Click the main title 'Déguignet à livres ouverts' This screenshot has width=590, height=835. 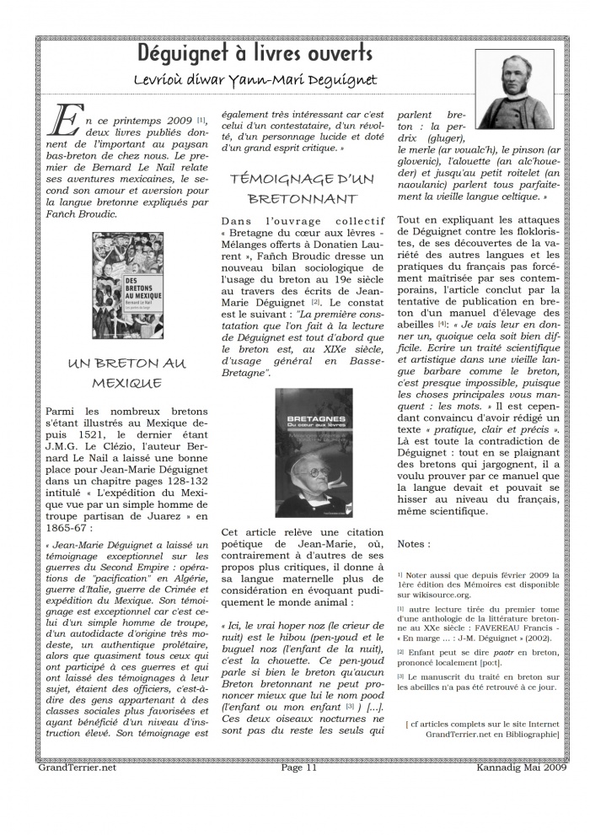(255, 53)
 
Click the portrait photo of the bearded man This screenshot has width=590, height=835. (513, 89)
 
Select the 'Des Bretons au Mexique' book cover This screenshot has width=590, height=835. (127, 286)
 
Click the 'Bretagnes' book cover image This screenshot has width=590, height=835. (314, 453)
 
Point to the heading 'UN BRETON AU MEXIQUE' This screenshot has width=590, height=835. (126, 373)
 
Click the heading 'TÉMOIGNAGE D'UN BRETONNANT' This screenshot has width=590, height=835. (302, 188)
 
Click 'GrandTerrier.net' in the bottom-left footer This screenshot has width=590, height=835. (77, 768)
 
